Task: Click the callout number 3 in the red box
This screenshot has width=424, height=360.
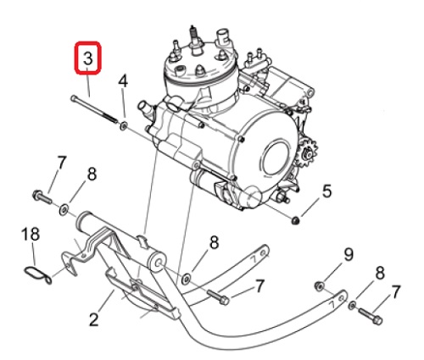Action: click(87, 59)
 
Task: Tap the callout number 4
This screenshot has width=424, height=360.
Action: click(123, 81)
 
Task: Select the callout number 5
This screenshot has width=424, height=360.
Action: click(326, 191)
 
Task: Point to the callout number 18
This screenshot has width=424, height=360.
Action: click(31, 234)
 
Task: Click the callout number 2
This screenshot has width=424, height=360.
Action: click(93, 319)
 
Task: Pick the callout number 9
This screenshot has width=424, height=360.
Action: click(349, 255)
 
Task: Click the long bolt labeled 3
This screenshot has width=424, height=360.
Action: click(94, 109)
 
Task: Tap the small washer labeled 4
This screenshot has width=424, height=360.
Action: click(124, 125)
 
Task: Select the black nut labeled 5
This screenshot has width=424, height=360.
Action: click(295, 220)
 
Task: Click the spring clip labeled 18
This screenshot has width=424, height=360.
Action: click(37, 275)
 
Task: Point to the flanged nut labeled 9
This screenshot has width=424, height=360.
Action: click(319, 286)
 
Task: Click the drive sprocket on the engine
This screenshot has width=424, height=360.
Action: click(307, 153)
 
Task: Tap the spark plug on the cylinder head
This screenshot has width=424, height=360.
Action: click(195, 40)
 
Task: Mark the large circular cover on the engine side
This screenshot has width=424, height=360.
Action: click(276, 158)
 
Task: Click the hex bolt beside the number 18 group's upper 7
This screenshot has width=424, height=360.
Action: click(42, 197)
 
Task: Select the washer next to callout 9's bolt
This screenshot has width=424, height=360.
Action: click(352, 305)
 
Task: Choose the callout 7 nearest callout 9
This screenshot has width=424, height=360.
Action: click(395, 292)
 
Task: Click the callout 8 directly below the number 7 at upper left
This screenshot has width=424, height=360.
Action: click(92, 174)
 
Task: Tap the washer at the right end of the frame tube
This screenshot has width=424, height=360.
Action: click(187, 279)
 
